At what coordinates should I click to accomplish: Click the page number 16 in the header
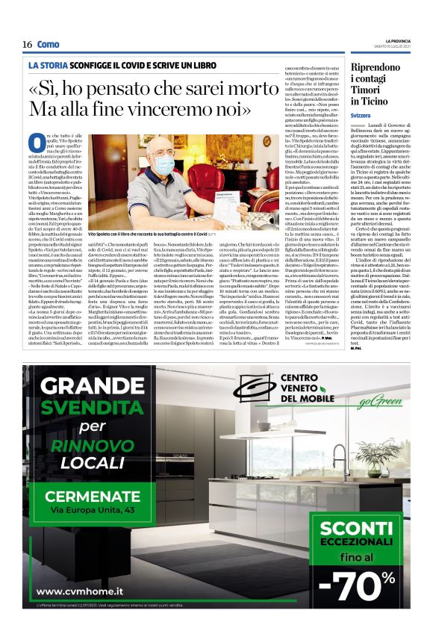pyautogui.click(x=27, y=44)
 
